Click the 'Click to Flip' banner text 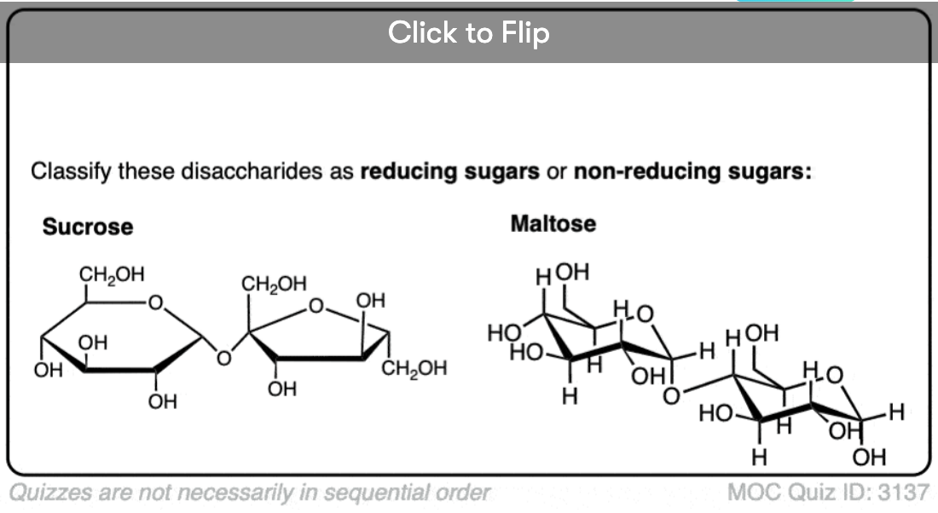[x=468, y=33]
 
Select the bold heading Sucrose [x=88, y=227]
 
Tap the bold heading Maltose [x=553, y=224]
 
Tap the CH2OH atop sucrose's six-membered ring [x=112, y=274]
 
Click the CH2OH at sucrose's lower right [x=414, y=368]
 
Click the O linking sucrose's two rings [x=223, y=359]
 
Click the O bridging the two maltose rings [x=673, y=395]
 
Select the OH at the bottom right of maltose [x=869, y=458]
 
